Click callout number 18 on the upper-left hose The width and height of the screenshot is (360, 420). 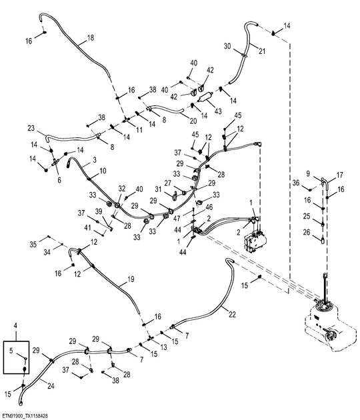91,38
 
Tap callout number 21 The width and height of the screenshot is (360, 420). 262,51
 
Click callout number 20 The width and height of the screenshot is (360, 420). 193,121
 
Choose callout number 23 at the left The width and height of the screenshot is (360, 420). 31,128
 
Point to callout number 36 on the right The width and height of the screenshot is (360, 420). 296,182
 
